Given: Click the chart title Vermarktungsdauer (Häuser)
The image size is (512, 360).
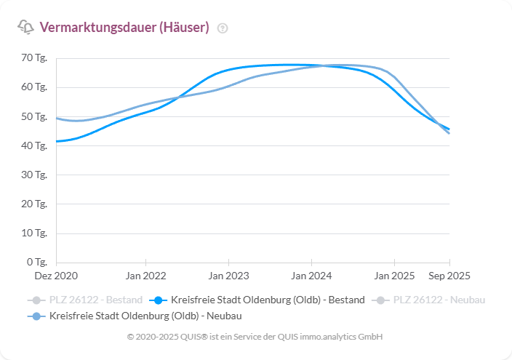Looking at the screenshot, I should pos(124,28).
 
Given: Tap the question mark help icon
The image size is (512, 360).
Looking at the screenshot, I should pos(223,28).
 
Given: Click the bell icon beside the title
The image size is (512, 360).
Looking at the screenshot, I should pos(25,28).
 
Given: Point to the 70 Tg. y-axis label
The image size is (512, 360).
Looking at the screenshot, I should pos(34,58).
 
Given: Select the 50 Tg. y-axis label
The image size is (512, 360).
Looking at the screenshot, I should pos(34,116).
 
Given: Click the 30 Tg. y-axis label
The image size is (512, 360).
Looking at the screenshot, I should pos(34,175).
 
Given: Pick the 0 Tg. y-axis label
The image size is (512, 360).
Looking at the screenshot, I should pos(36,262).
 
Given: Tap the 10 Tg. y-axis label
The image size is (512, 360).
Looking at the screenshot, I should pos(34,233).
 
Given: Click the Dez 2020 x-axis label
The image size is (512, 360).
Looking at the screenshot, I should pos(56,276).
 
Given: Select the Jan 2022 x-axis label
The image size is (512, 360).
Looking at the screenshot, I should pos(146,276).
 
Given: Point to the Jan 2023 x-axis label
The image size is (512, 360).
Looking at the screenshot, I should pos(229,276).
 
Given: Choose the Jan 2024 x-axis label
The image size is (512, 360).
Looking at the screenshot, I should pos(312,276).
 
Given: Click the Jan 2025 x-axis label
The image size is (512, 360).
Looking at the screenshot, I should pos(395,276).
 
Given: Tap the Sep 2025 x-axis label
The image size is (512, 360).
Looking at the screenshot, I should pos(449,276).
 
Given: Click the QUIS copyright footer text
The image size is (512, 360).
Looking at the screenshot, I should pos(255,337).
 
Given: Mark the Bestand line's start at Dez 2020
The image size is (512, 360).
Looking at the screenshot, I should pos(57,141).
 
